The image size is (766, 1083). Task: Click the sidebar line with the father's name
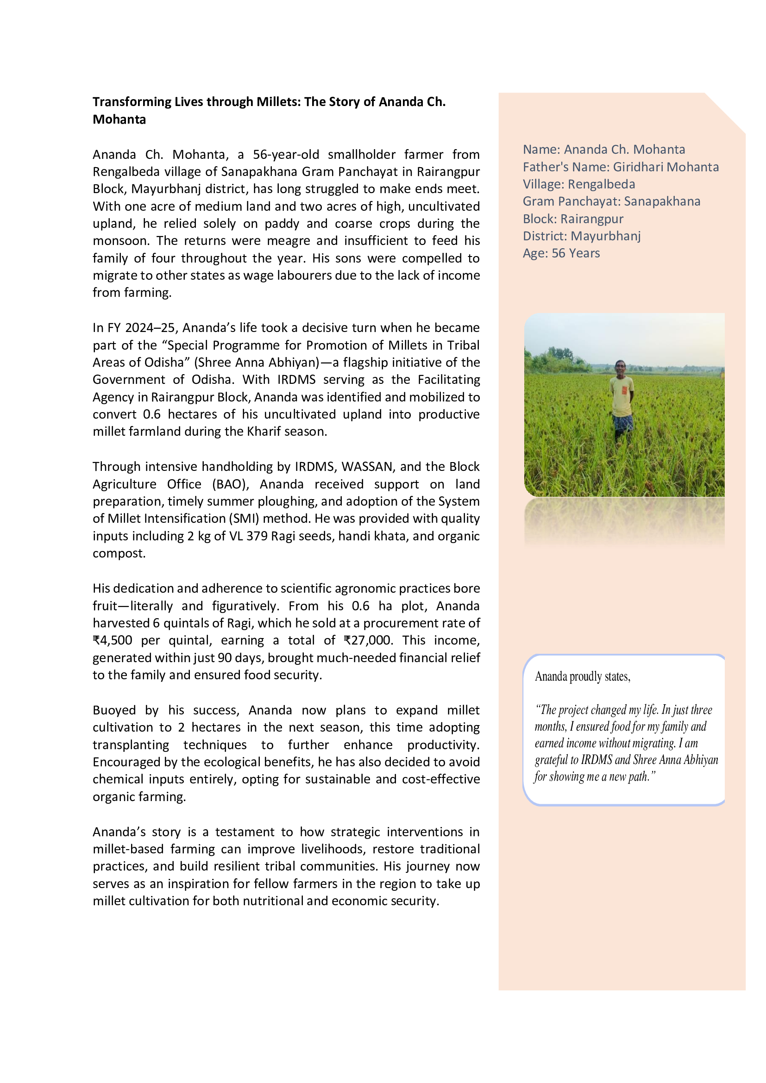click(x=620, y=167)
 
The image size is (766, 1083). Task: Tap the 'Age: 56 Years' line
click(x=561, y=253)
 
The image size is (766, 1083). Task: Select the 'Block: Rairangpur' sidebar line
click(x=572, y=219)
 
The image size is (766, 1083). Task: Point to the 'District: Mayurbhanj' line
click(x=581, y=236)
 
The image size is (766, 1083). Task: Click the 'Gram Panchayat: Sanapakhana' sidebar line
click(x=611, y=201)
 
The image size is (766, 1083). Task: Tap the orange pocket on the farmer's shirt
click(x=624, y=391)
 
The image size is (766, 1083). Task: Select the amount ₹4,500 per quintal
click(x=113, y=640)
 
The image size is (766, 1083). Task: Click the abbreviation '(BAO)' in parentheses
click(x=230, y=484)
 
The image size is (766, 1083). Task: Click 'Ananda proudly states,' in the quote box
click(x=582, y=677)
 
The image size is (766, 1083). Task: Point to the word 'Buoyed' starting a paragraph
click(x=113, y=710)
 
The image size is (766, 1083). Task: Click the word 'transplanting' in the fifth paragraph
click(x=131, y=745)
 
